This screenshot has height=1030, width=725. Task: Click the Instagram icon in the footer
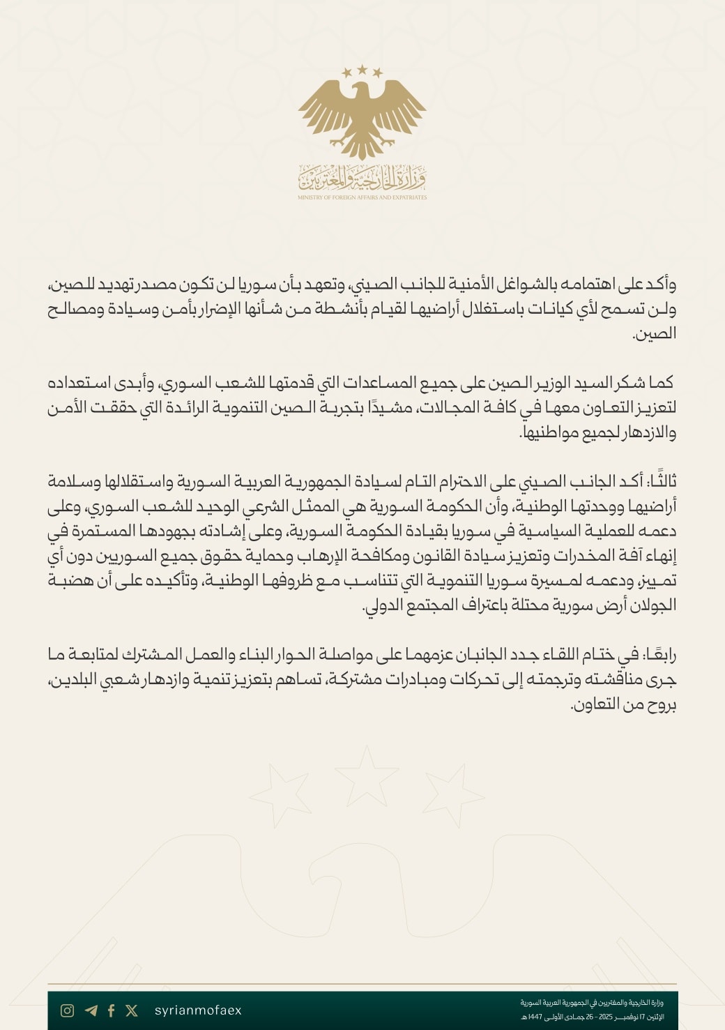pyautogui.click(x=67, y=1010)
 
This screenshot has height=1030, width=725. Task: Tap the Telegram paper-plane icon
pyautogui.click(x=91, y=1010)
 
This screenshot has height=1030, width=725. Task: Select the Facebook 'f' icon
pyautogui.click(x=111, y=1010)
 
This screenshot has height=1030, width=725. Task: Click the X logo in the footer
pyautogui.click(x=132, y=1010)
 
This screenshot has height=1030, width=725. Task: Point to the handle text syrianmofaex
pyautogui.click(x=198, y=1010)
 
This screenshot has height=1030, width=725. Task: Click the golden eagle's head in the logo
pyautogui.click(x=360, y=91)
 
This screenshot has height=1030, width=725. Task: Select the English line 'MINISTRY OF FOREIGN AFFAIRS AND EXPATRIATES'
pyautogui.click(x=362, y=197)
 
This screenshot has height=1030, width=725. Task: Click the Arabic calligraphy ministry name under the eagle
pyautogui.click(x=362, y=179)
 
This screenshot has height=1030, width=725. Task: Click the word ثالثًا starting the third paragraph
pyautogui.click(x=659, y=482)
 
